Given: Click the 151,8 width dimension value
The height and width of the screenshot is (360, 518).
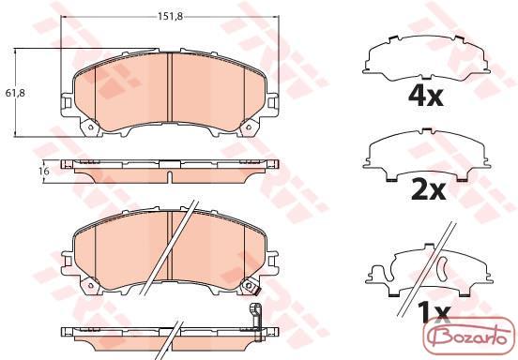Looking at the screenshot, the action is [170, 17].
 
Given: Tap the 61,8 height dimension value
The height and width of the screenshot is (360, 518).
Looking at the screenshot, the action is [15, 93].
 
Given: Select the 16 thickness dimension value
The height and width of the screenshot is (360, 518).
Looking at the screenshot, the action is [44, 171].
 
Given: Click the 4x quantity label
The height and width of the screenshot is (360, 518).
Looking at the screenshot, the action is [425, 96].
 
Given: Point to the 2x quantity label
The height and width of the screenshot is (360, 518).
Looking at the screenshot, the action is [429, 190].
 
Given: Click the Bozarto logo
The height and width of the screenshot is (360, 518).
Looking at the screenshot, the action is [469, 336].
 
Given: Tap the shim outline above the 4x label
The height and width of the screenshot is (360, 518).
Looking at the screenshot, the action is [426, 58].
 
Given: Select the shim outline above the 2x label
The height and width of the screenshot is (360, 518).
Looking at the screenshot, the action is [427, 155].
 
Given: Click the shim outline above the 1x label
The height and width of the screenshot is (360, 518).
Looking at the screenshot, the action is [429, 270].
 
